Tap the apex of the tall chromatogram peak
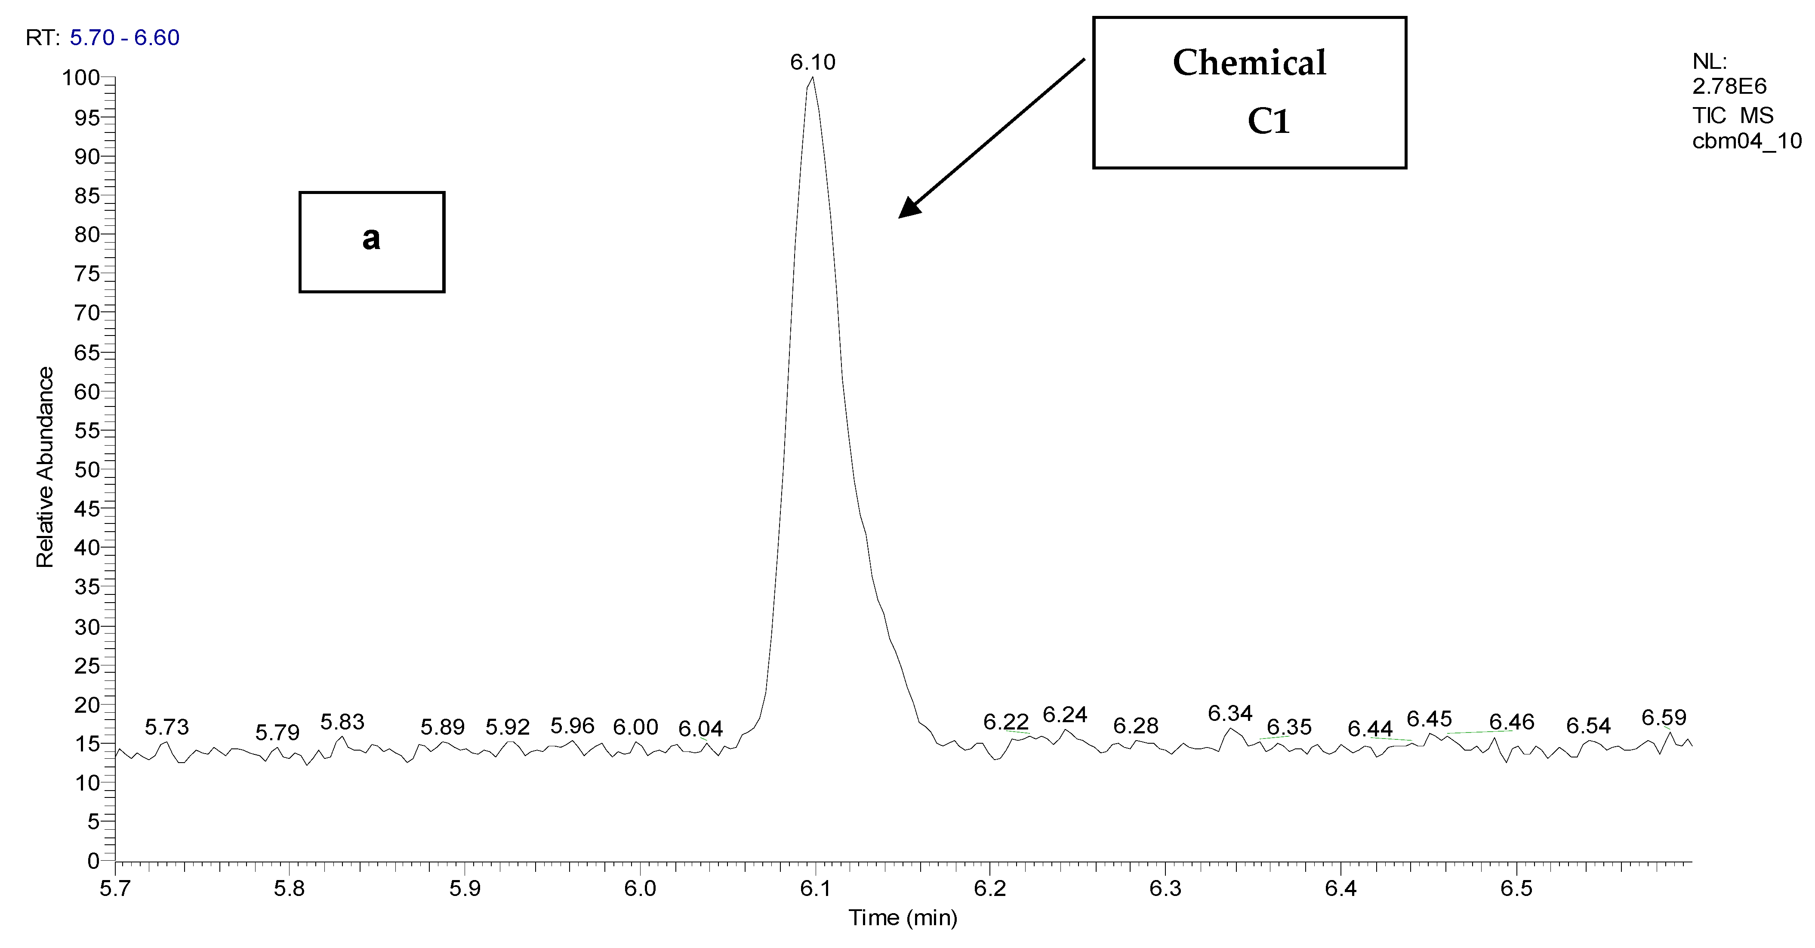click(812, 78)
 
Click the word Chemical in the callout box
click(1249, 63)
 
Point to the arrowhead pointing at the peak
click(909, 209)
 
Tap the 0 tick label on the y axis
click(94, 861)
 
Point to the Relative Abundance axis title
click(45, 468)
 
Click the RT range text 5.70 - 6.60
click(125, 38)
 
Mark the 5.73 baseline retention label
click(167, 727)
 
